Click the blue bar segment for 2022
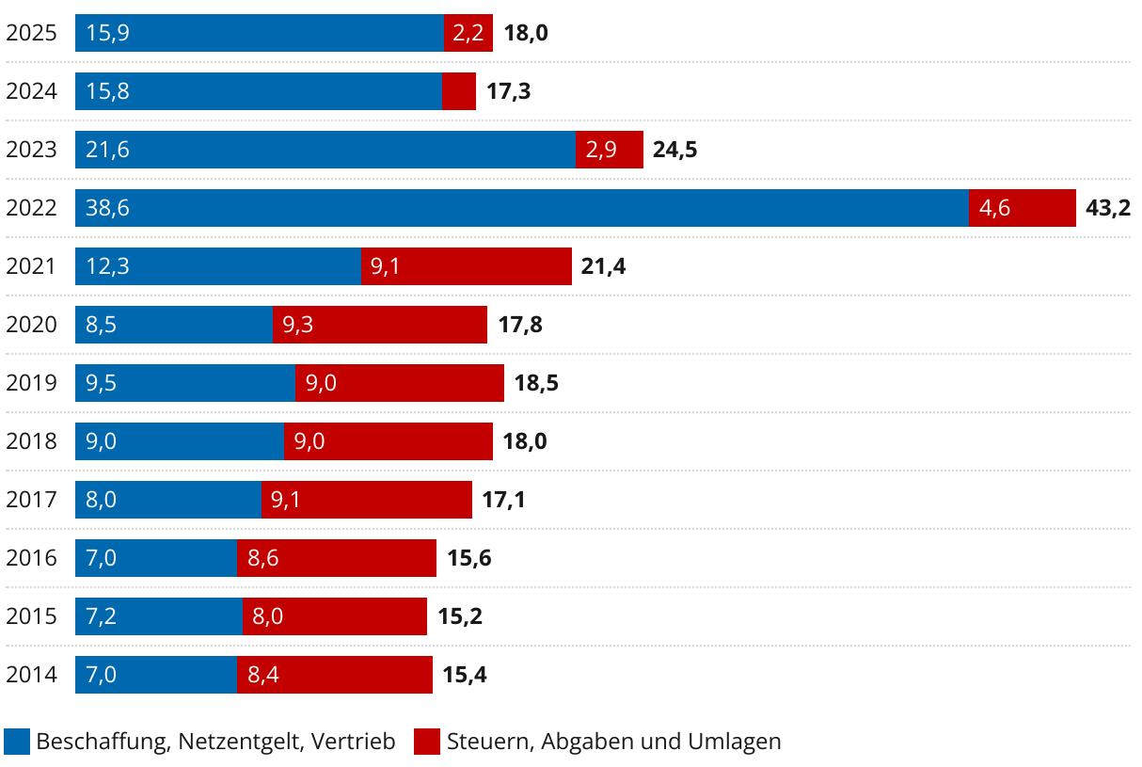[x=522, y=208]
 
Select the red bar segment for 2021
[x=467, y=266]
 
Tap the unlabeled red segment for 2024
[x=459, y=91]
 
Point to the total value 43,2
[x=1107, y=208]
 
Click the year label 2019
[x=31, y=383]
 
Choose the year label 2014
[x=31, y=675]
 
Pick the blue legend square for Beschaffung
[x=17, y=742]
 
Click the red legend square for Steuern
[x=426, y=742]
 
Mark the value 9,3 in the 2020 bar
[x=297, y=325]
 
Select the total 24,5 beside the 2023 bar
[x=674, y=150]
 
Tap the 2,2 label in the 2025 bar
[x=468, y=33]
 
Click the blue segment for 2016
[x=155, y=558]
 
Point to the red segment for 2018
[x=389, y=441]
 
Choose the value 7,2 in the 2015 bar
[x=101, y=616]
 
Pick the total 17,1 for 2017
[x=503, y=500]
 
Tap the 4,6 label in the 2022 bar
[x=994, y=208]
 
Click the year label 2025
[x=31, y=33]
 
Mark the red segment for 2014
[x=335, y=675]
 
